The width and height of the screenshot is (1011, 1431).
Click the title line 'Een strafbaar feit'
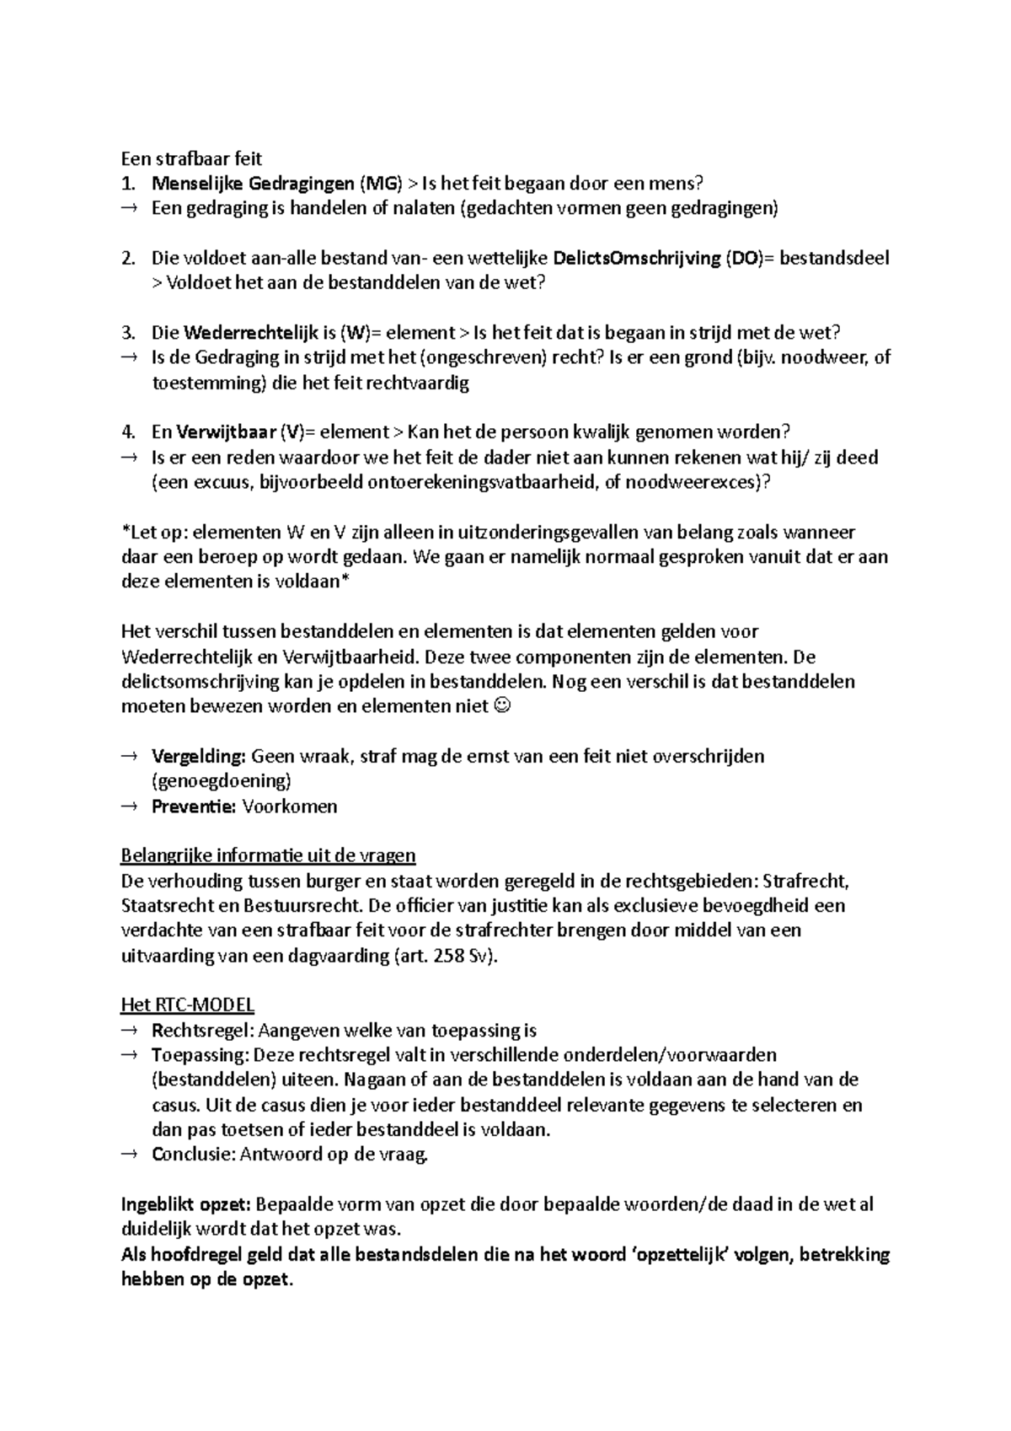191,158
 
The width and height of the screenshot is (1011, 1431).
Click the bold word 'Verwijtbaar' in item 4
226,432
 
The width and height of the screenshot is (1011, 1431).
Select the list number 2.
127,258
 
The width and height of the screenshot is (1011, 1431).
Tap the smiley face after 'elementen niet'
502,706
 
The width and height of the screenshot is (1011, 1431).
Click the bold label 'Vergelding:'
198,756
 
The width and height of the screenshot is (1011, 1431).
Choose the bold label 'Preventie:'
194,807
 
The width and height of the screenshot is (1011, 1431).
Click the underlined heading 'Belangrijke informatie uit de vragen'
268,856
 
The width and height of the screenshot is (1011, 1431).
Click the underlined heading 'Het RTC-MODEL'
188,1005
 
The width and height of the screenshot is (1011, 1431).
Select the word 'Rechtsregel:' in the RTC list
203,1031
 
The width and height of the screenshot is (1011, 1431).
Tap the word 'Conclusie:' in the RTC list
193,1155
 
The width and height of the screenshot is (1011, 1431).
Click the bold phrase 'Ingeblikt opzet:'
185,1205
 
